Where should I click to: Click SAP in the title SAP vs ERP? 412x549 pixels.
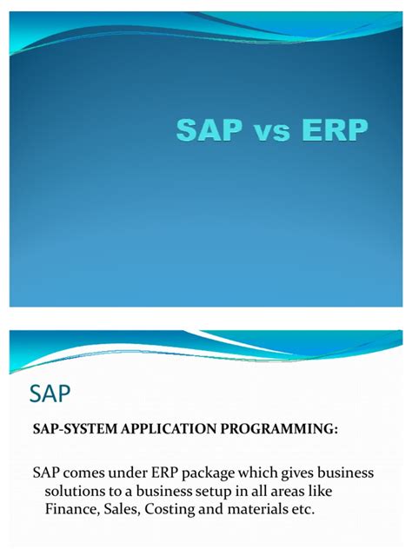209,130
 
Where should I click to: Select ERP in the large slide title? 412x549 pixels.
335,130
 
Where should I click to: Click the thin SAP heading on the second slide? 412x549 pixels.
50,394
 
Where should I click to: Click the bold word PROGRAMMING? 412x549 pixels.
279,428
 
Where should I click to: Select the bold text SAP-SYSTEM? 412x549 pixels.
75,428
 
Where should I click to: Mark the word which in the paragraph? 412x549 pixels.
258,473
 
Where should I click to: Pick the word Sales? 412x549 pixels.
121,509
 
